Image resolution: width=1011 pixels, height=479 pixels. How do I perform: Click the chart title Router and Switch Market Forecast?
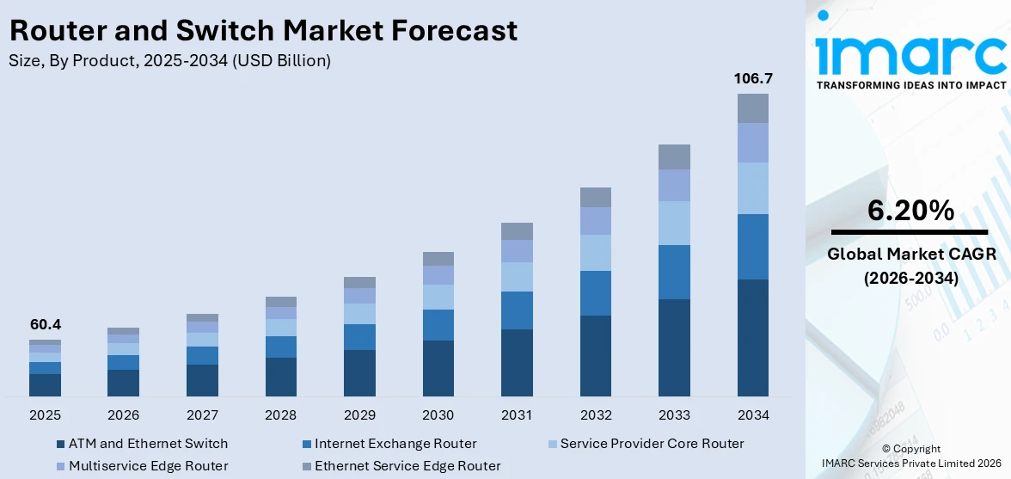[263, 31]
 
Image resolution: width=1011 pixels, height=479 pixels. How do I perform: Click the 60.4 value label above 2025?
[45, 324]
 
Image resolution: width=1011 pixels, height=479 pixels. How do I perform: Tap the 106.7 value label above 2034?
[752, 78]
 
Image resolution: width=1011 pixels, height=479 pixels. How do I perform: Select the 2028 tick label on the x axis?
[281, 415]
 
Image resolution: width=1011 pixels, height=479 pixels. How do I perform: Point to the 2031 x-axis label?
[517, 415]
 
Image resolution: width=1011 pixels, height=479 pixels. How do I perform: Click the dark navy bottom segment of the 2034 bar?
[752, 337]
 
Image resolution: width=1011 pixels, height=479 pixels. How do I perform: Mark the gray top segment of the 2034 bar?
[752, 108]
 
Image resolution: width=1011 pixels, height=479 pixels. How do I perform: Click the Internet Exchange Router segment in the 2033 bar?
[674, 272]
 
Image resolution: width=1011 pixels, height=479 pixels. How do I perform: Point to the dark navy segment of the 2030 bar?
[438, 368]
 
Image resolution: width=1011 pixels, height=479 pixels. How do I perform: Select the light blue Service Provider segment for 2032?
[595, 253]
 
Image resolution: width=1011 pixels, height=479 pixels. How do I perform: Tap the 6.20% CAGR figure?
[910, 211]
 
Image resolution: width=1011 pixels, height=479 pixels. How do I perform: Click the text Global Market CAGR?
[910, 254]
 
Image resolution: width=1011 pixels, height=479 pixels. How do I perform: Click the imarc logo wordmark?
[910, 53]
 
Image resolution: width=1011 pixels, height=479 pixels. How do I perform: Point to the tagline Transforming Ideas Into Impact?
[910, 85]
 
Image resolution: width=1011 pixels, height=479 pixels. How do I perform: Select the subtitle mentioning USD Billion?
[169, 60]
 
